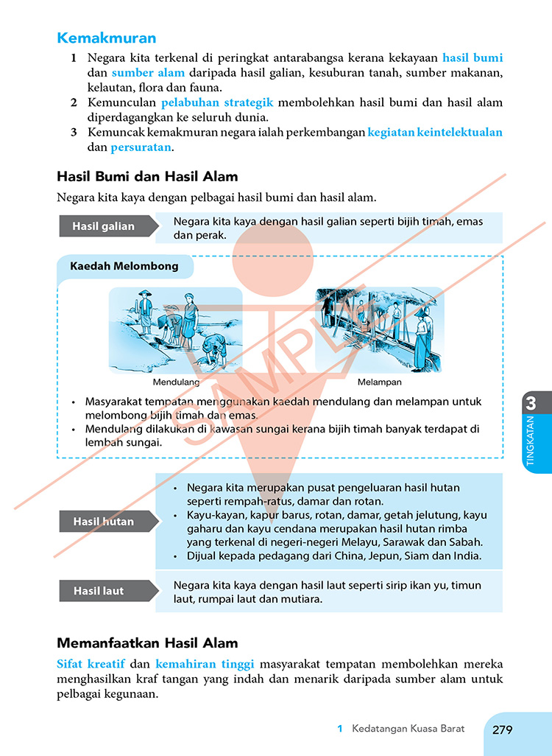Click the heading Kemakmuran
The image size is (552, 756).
pyautogui.click(x=107, y=38)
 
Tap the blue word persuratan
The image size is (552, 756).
pyautogui.click(x=141, y=147)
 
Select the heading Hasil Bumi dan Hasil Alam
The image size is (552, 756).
pyautogui.click(x=147, y=177)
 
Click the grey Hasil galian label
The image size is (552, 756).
pyautogui.click(x=104, y=226)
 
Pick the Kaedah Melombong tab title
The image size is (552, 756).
pyautogui.click(x=124, y=266)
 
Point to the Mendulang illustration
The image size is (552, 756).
pyautogui.click(x=175, y=330)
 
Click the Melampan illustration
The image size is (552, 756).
pyautogui.click(x=379, y=330)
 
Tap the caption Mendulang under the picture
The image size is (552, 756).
pyautogui.click(x=176, y=382)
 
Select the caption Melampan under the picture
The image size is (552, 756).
pyautogui.click(x=379, y=382)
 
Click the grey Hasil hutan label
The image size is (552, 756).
pyautogui.click(x=104, y=522)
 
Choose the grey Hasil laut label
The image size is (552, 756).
pyautogui.click(x=99, y=591)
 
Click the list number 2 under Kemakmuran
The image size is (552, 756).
pyautogui.click(x=74, y=102)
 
